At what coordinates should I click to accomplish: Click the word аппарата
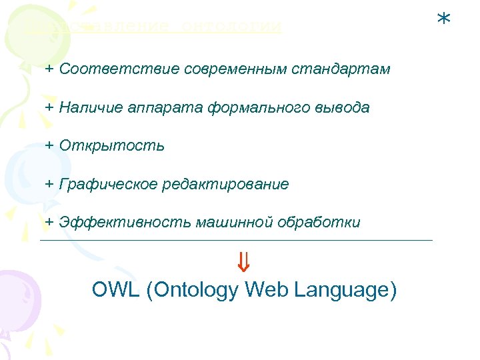pos(147,107)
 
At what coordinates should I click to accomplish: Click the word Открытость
pos(111,145)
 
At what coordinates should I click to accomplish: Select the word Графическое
pos(107,184)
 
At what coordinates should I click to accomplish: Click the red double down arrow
pos(243,262)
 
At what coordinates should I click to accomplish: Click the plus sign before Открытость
pos(49,145)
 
